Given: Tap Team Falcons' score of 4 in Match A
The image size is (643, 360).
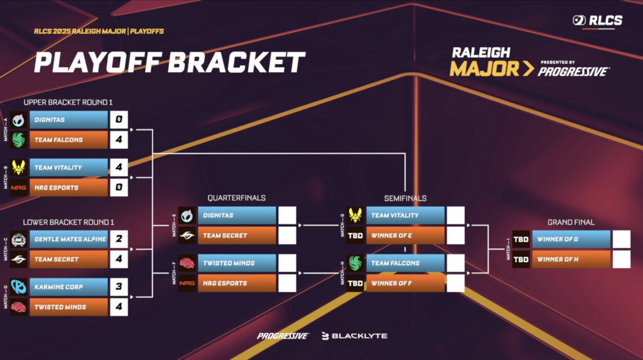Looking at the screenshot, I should click(119, 140).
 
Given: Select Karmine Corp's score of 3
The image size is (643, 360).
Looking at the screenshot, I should click(119, 287).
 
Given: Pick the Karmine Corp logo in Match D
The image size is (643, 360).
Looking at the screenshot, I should click(18, 287).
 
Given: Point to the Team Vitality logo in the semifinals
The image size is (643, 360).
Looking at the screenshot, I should click(355, 215).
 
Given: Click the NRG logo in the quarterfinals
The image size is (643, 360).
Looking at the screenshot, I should click(187, 283).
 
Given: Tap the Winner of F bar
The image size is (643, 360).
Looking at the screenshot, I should click(405, 283).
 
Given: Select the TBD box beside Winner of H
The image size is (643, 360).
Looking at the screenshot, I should click(521, 259).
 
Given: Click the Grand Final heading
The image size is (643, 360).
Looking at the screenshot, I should click(571, 222).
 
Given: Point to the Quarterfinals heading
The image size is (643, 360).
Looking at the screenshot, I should click(236, 198).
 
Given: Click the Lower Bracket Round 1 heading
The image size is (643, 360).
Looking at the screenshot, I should click(68, 222).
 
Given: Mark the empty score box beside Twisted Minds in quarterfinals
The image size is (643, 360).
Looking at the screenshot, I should click(287, 263).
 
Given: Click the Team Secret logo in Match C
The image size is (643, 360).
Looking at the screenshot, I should click(18, 259).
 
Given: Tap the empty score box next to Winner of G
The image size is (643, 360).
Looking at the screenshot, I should click(621, 239).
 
